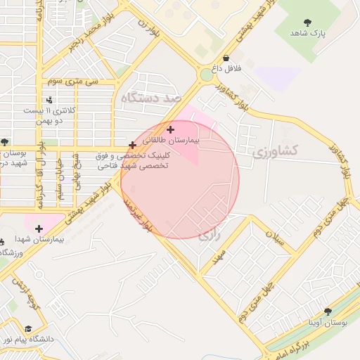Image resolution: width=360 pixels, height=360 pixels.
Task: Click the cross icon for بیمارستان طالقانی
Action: tap(171, 129)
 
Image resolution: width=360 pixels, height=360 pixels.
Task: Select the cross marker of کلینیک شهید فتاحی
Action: tap(132, 145)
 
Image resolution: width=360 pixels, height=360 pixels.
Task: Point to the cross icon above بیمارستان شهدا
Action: tap(39, 228)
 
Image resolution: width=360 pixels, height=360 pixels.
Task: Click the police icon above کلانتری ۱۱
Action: tap(49, 100)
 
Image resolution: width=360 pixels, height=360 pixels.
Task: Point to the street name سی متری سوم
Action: tap(71, 81)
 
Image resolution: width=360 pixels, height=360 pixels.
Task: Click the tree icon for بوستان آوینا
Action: tap(328, 311)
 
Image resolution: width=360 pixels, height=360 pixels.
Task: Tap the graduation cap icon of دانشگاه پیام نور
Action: tap(28, 328)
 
